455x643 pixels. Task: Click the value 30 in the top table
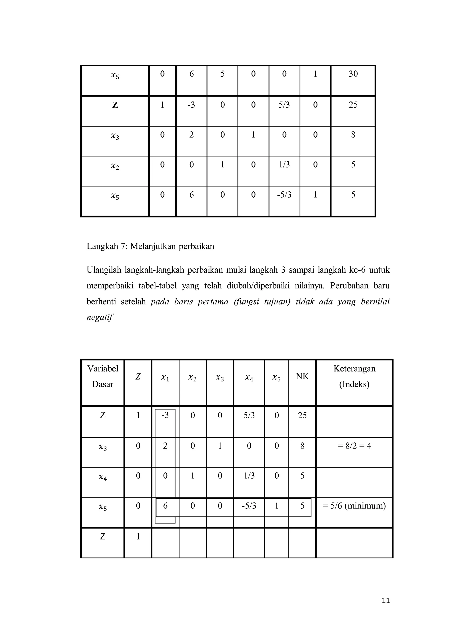coord(353,74)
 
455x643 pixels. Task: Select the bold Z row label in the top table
coord(115,105)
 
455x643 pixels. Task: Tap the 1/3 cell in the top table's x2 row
coord(284,164)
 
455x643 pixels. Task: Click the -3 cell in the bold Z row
coord(191,105)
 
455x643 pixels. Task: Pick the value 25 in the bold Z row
coord(353,105)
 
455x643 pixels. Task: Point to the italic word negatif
coord(100,317)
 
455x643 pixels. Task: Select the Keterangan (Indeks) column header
coord(354,376)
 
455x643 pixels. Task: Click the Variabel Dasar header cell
coord(103,376)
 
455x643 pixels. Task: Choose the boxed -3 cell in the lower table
coord(165,415)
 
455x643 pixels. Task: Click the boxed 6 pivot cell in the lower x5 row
coord(165,506)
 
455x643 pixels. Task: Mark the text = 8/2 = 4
coord(354,446)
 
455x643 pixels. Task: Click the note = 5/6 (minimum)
coord(354,506)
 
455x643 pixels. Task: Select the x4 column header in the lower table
coord(249,378)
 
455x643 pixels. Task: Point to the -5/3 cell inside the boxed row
coord(249,506)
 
